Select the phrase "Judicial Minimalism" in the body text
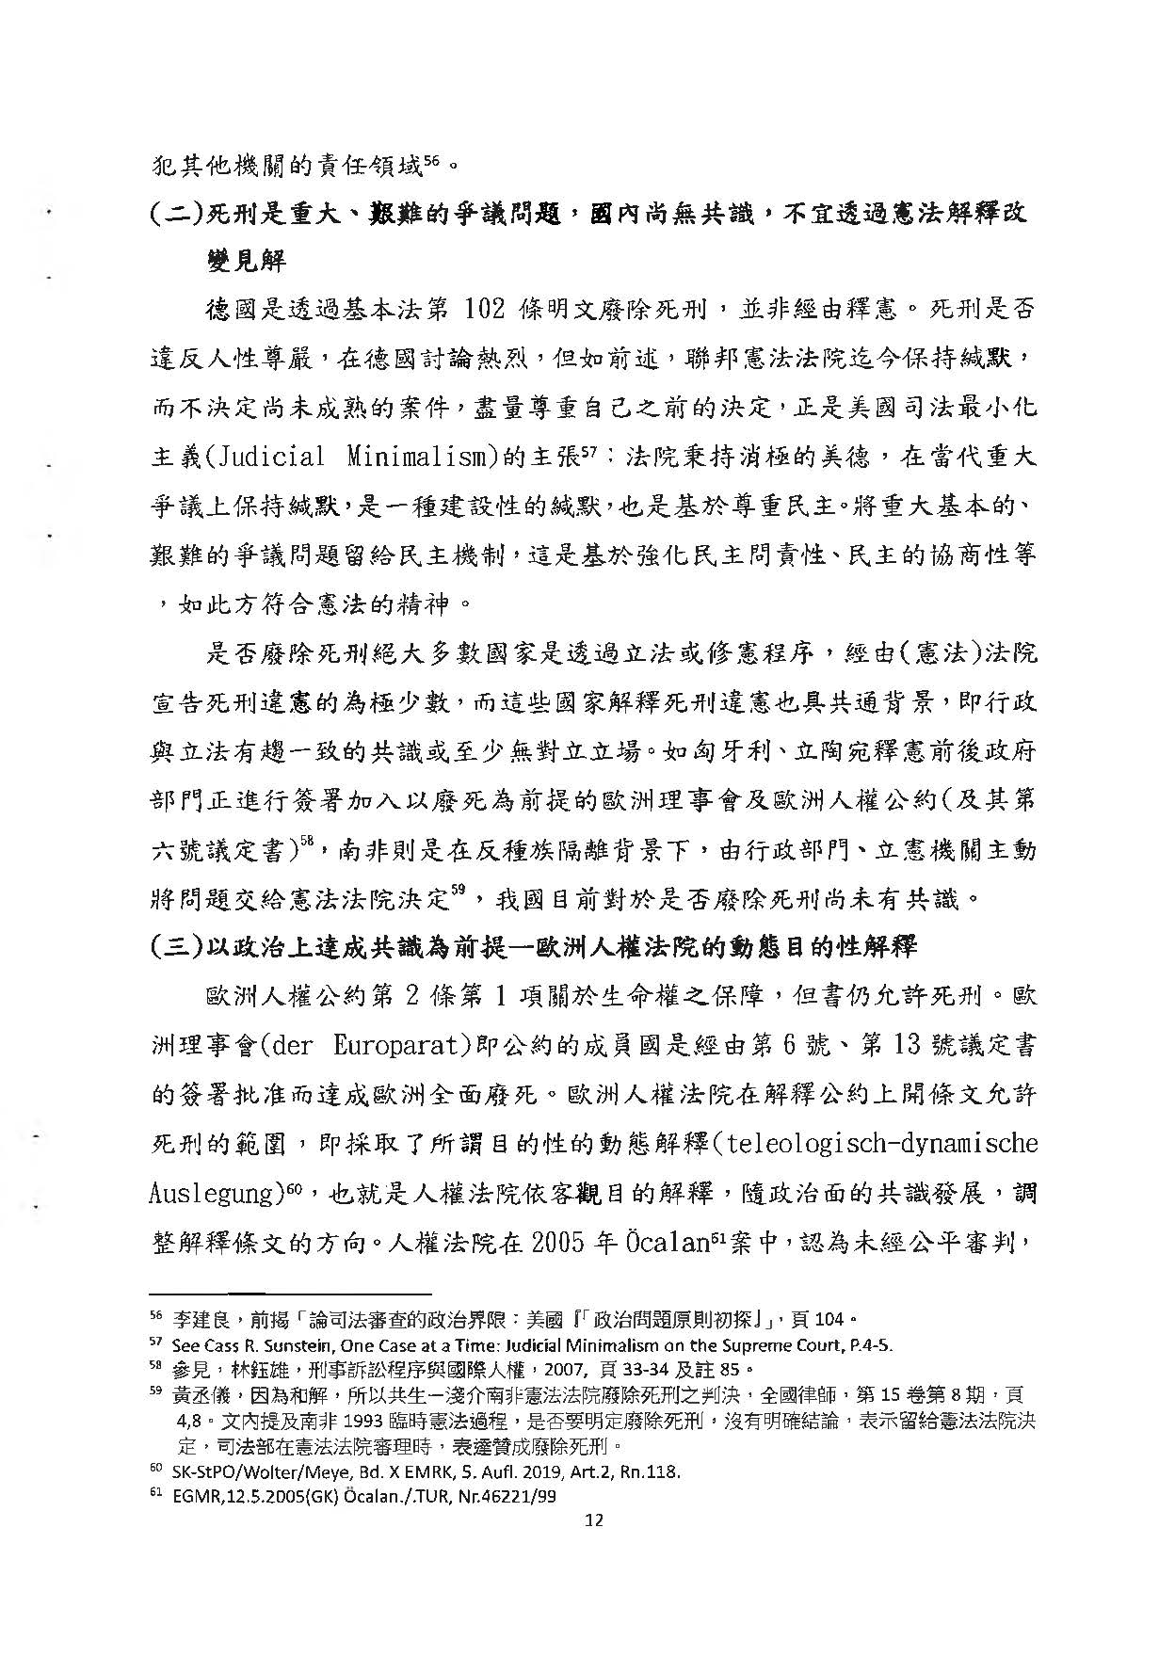[x=350, y=458]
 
